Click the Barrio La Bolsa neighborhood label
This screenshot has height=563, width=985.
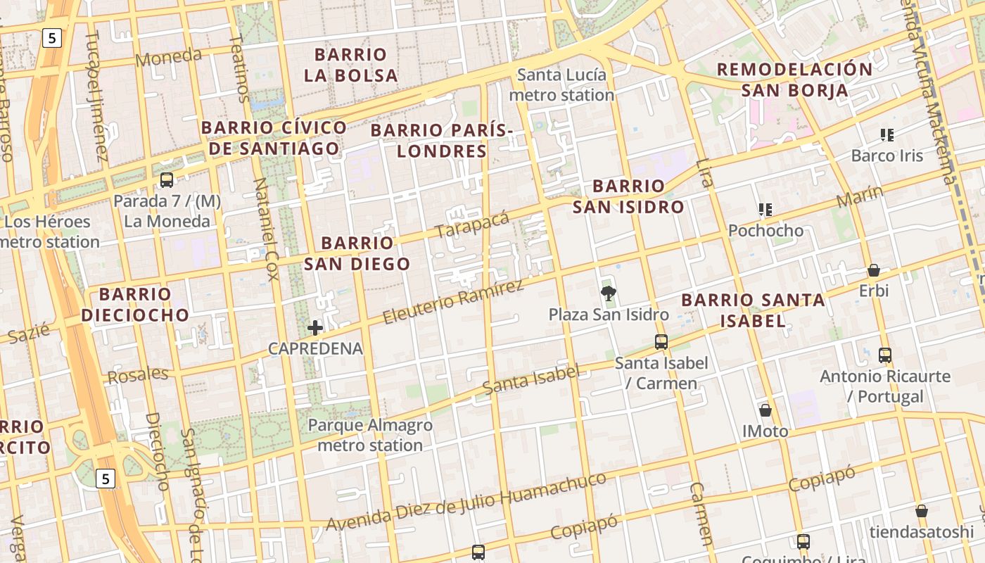pos(350,65)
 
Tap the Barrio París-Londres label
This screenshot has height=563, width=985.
pos(442,141)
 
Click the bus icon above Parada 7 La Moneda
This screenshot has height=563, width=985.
pos(167,180)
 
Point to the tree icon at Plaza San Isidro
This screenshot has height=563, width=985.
pos(608,293)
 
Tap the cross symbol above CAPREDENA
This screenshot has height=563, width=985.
pos(315,327)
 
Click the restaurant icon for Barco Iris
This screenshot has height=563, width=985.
pos(887,134)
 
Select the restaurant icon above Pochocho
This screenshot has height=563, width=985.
pos(765,209)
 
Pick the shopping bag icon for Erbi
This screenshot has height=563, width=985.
pos(874,270)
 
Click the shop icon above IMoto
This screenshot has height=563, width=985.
pos(765,410)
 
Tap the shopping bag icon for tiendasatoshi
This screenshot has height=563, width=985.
pos(922,511)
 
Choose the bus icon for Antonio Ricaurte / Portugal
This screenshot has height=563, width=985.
pos(885,355)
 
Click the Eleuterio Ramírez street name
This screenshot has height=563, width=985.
pos(453,302)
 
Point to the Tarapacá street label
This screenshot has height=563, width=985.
pos(471,225)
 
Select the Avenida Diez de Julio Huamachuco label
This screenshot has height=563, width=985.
pos(466,502)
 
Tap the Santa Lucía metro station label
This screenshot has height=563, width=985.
pos(561,85)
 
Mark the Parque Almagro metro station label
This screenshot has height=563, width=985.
pos(370,435)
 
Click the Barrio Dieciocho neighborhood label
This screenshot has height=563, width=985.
pos(135,304)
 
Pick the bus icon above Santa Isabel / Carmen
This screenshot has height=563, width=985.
pos(661,342)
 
